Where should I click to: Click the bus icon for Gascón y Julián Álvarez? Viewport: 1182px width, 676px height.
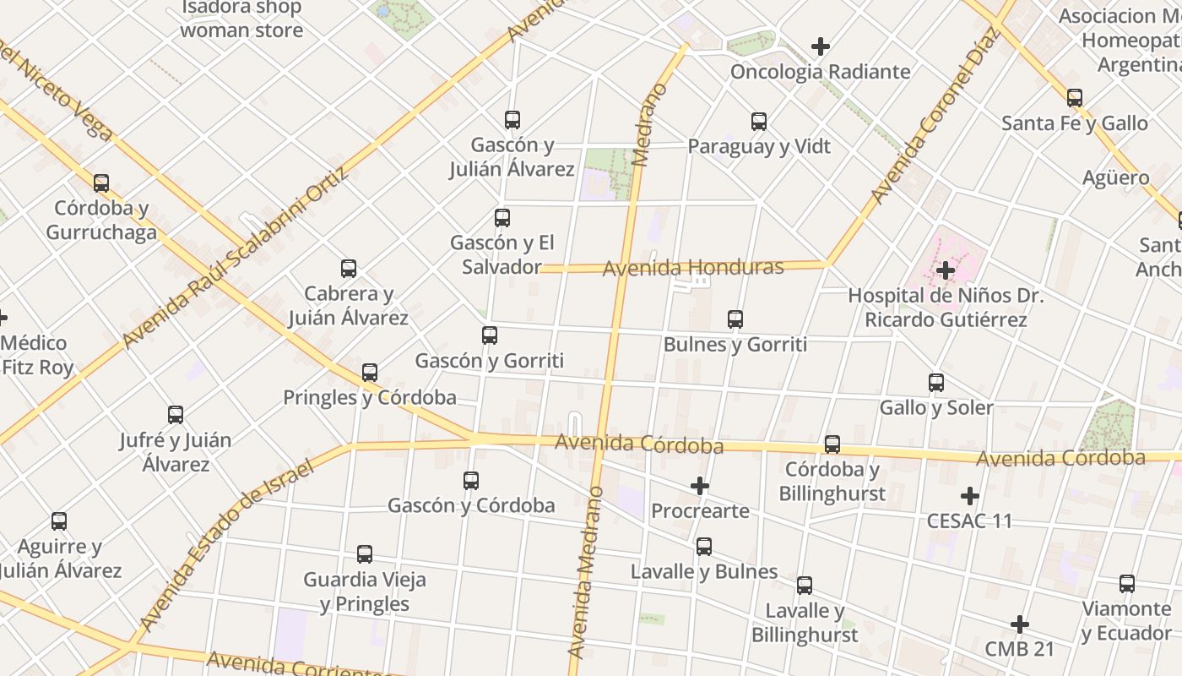click(512, 120)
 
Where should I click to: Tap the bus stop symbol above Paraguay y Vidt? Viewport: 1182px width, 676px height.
click(759, 122)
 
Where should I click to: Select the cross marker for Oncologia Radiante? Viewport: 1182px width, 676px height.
click(820, 47)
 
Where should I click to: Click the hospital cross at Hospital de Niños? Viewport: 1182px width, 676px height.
click(946, 271)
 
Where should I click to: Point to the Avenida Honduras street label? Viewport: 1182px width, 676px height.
click(693, 268)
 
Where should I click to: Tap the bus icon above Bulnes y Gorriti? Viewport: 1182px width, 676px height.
click(735, 319)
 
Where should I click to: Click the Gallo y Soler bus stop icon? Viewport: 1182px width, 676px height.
click(936, 383)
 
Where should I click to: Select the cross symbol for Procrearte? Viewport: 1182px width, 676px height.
click(700, 486)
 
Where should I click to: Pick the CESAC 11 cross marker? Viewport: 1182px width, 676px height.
click(970, 496)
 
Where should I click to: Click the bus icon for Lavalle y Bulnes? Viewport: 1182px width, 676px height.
click(704, 547)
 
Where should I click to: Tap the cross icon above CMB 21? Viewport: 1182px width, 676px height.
click(1020, 624)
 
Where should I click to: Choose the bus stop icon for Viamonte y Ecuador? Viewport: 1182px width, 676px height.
click(1127, 584)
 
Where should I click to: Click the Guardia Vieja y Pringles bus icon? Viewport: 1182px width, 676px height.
click(365, 554)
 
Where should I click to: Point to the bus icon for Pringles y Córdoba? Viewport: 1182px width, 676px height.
click(370, 373)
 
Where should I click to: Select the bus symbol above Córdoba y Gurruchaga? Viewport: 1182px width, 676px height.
click(101, 183)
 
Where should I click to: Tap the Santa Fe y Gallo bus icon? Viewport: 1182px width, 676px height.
click(1075, 99)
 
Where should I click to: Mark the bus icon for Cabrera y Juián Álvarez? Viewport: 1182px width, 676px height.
click(349, 270)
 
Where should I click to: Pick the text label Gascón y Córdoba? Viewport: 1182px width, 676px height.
click(471, 505)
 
